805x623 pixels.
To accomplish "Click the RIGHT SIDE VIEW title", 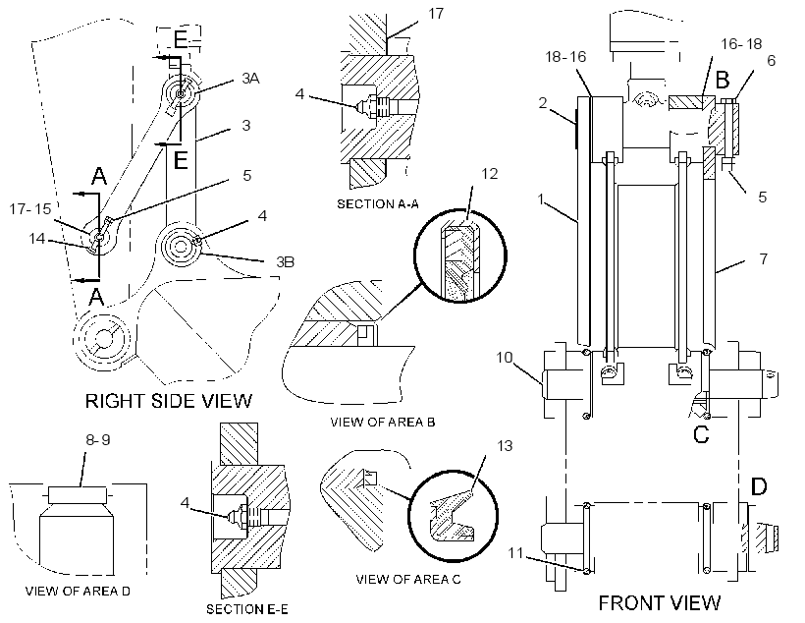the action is (169, 401).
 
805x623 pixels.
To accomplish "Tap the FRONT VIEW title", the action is (660, 602).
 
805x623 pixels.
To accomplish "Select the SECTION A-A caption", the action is (378, 204).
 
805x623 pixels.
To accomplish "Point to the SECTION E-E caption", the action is (247, 609).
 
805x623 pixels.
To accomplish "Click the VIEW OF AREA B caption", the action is (383, 422).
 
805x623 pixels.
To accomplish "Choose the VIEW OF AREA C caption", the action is (408, 580).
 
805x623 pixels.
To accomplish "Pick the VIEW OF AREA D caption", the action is (78, 592).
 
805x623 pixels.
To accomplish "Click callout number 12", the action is (490, 174).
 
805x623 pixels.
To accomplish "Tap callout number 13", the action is (505, 445).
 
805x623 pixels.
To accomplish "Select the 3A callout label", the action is (250, 79).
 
